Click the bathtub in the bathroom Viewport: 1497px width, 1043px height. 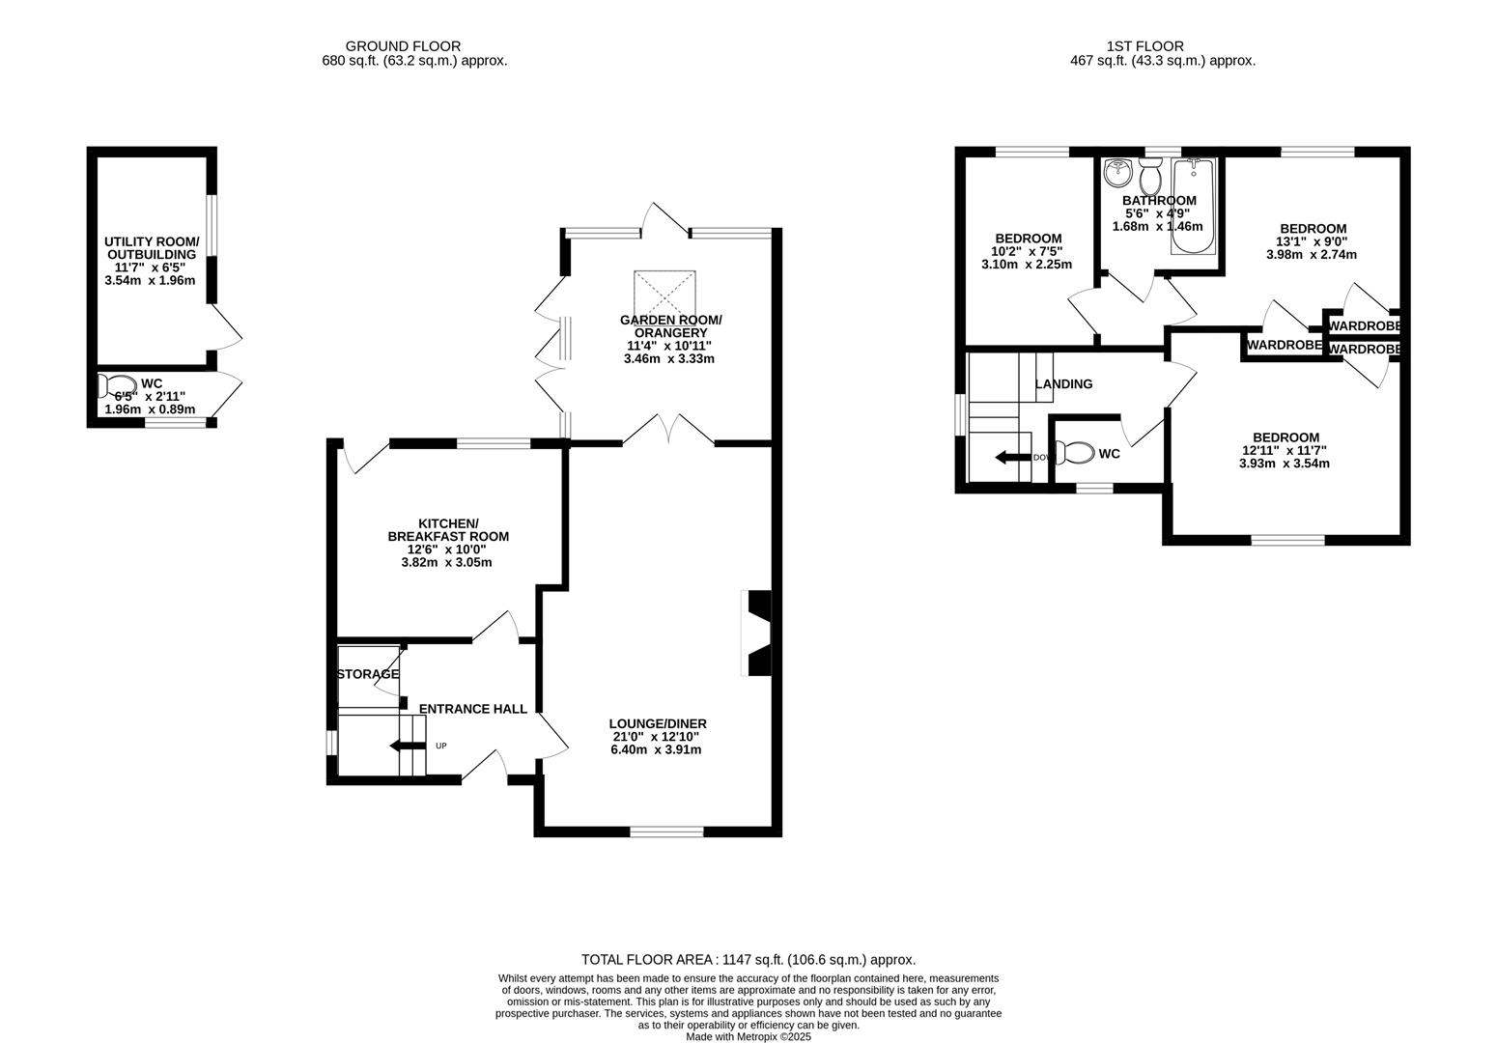click(1195, 207)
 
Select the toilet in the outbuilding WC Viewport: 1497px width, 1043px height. click(118, 385)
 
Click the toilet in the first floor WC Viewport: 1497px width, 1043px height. click(1076, 452)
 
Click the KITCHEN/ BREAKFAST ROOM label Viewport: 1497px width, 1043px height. click(447, 529)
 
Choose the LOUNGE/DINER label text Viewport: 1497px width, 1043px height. click(657, 723)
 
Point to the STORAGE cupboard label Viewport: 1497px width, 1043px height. click(367, 674)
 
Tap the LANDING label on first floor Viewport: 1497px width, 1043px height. click(1063, 383)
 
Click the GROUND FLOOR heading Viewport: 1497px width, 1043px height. click(403, 45)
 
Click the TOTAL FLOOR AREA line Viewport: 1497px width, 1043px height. click(748, 959)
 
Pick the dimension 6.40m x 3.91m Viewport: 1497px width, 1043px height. click(656, 749)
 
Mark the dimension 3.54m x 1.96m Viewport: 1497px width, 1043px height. click(150, 281)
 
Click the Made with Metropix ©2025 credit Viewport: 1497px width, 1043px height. click(748, 1036)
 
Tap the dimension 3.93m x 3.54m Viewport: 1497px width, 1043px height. click(1284, 463)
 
